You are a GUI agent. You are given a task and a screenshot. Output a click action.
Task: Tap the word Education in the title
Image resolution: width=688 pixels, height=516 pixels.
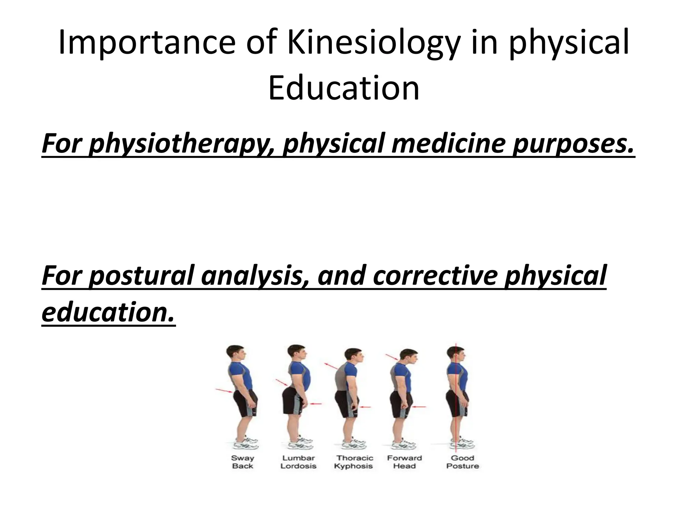344,88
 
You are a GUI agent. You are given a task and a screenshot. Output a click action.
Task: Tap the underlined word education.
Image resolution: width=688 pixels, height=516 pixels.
108,312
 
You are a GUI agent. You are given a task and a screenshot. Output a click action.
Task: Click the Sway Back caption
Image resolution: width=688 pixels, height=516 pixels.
243,462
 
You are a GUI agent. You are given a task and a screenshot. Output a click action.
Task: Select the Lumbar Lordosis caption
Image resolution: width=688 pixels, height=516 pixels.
298,462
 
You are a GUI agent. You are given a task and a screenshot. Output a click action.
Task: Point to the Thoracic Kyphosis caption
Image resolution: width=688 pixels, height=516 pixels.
354,462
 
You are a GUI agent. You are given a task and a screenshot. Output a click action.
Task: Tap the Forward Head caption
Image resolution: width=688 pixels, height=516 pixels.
404,462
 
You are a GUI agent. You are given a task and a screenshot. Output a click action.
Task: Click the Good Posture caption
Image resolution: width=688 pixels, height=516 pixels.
462,462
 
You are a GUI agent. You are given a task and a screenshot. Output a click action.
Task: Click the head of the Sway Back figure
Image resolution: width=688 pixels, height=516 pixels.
235,354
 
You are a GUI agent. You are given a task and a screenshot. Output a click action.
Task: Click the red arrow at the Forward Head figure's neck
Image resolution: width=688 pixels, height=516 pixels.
392,357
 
